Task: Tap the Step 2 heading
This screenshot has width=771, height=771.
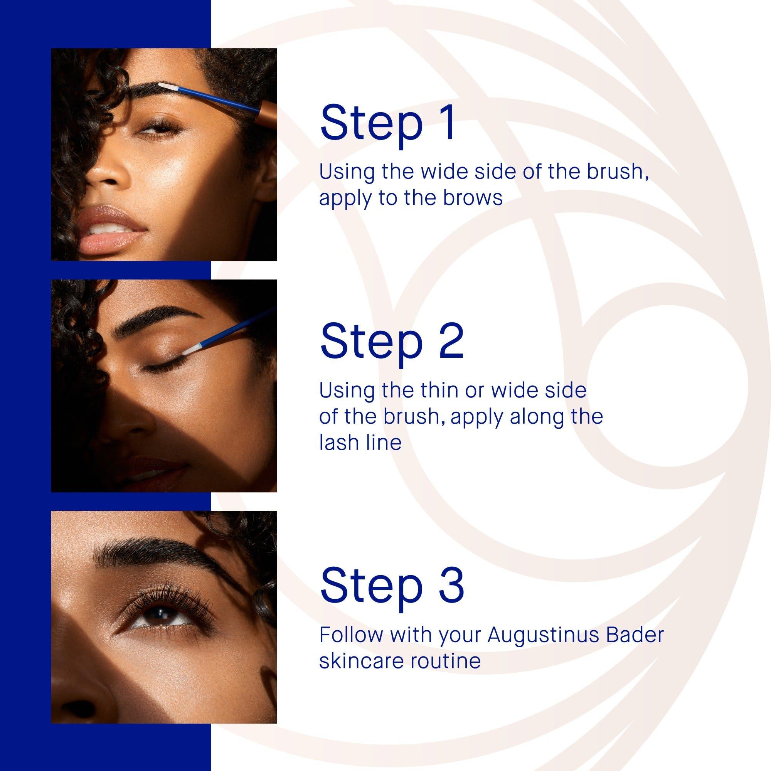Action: pyautogui.click(x=392, y=341)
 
